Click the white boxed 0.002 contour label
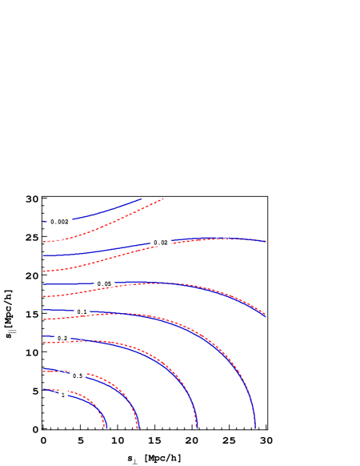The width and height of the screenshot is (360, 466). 59,221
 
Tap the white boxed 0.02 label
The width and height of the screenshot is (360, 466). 161,242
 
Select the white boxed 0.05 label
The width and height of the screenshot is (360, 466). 104,283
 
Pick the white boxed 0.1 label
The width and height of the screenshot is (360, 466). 82,311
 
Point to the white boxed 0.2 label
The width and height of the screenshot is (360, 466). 62,338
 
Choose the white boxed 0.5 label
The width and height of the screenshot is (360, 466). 77,376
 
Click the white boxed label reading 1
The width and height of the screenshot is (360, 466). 63,394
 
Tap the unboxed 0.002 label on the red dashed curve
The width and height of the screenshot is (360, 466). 54,241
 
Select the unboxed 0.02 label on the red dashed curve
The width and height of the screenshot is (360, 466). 222,239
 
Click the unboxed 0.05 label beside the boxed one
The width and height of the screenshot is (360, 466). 126,286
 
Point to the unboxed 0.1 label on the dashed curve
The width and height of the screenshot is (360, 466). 98,315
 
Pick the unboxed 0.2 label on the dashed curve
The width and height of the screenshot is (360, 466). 78,342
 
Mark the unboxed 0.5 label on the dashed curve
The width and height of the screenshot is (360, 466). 62,372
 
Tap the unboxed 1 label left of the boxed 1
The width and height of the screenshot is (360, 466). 54,391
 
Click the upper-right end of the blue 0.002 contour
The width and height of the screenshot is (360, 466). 142,199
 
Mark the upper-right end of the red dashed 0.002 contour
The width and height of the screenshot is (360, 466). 164,198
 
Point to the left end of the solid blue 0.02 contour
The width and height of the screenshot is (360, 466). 43,255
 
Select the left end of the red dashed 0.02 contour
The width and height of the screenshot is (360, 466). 43,271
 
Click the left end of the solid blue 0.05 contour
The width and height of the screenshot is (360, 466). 43,284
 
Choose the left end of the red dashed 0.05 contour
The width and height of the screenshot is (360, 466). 43,297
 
